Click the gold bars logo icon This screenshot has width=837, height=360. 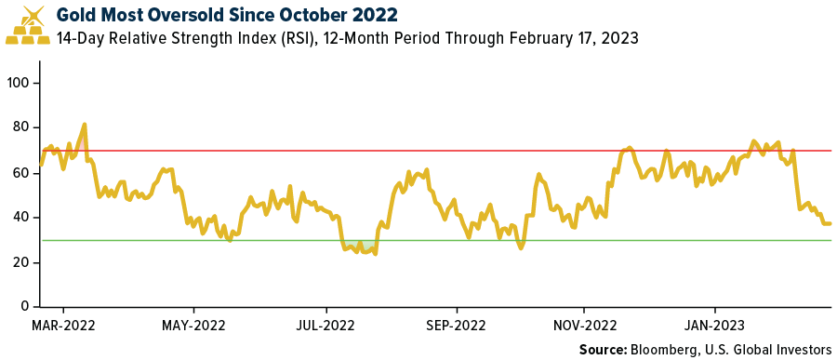(x=28, y=26)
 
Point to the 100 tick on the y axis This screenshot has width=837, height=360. (x=20, y=83)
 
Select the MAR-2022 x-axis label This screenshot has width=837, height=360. (x=63, y=326)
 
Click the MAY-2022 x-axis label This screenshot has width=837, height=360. (x=193, y=326)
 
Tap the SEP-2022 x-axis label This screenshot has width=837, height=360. (x=457, y=326)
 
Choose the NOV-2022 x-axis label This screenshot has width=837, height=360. (x=584, y=326)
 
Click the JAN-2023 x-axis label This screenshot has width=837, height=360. (x=714, y=326)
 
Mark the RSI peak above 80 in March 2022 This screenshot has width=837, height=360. (x=85, y=124)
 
